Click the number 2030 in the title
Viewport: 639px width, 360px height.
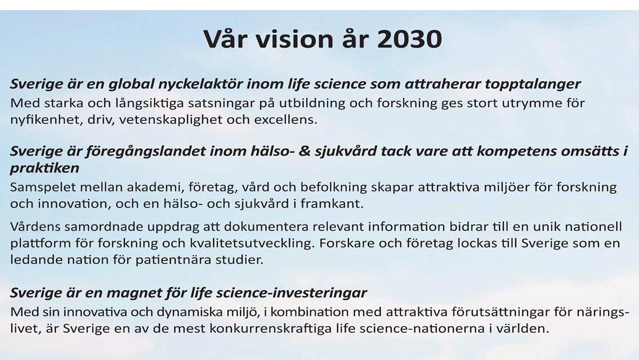pos(409,39)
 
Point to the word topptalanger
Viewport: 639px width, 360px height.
pos(532,85)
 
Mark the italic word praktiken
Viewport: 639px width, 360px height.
pos(44,168)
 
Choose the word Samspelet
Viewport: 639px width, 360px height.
pos(42,187)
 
